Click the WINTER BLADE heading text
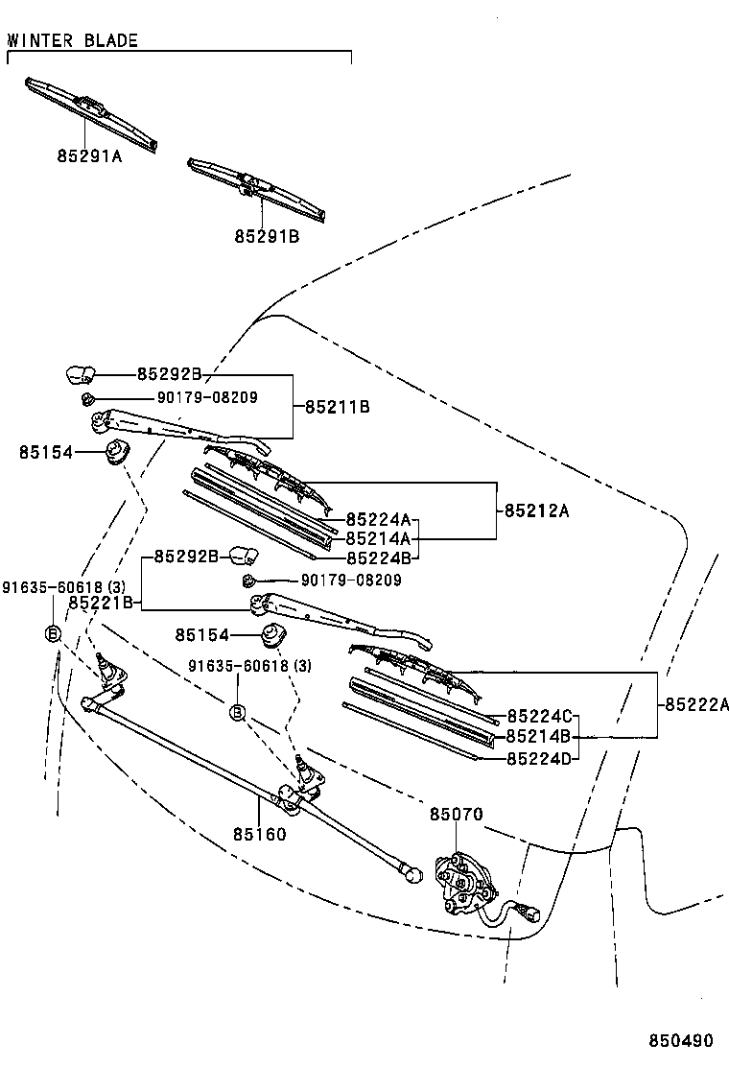click(73, 40)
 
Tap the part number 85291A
click(89, 157)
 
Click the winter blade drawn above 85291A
click(90, 113)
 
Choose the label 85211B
click(337, 407)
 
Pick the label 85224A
click(378, 519)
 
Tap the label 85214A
click(378, 538)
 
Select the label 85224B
click(378, 557)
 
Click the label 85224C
click(538, 717)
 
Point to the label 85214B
click(538, 737)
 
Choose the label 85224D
click(538, 757)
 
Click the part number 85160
click(260, 834)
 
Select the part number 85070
click(456, 815)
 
